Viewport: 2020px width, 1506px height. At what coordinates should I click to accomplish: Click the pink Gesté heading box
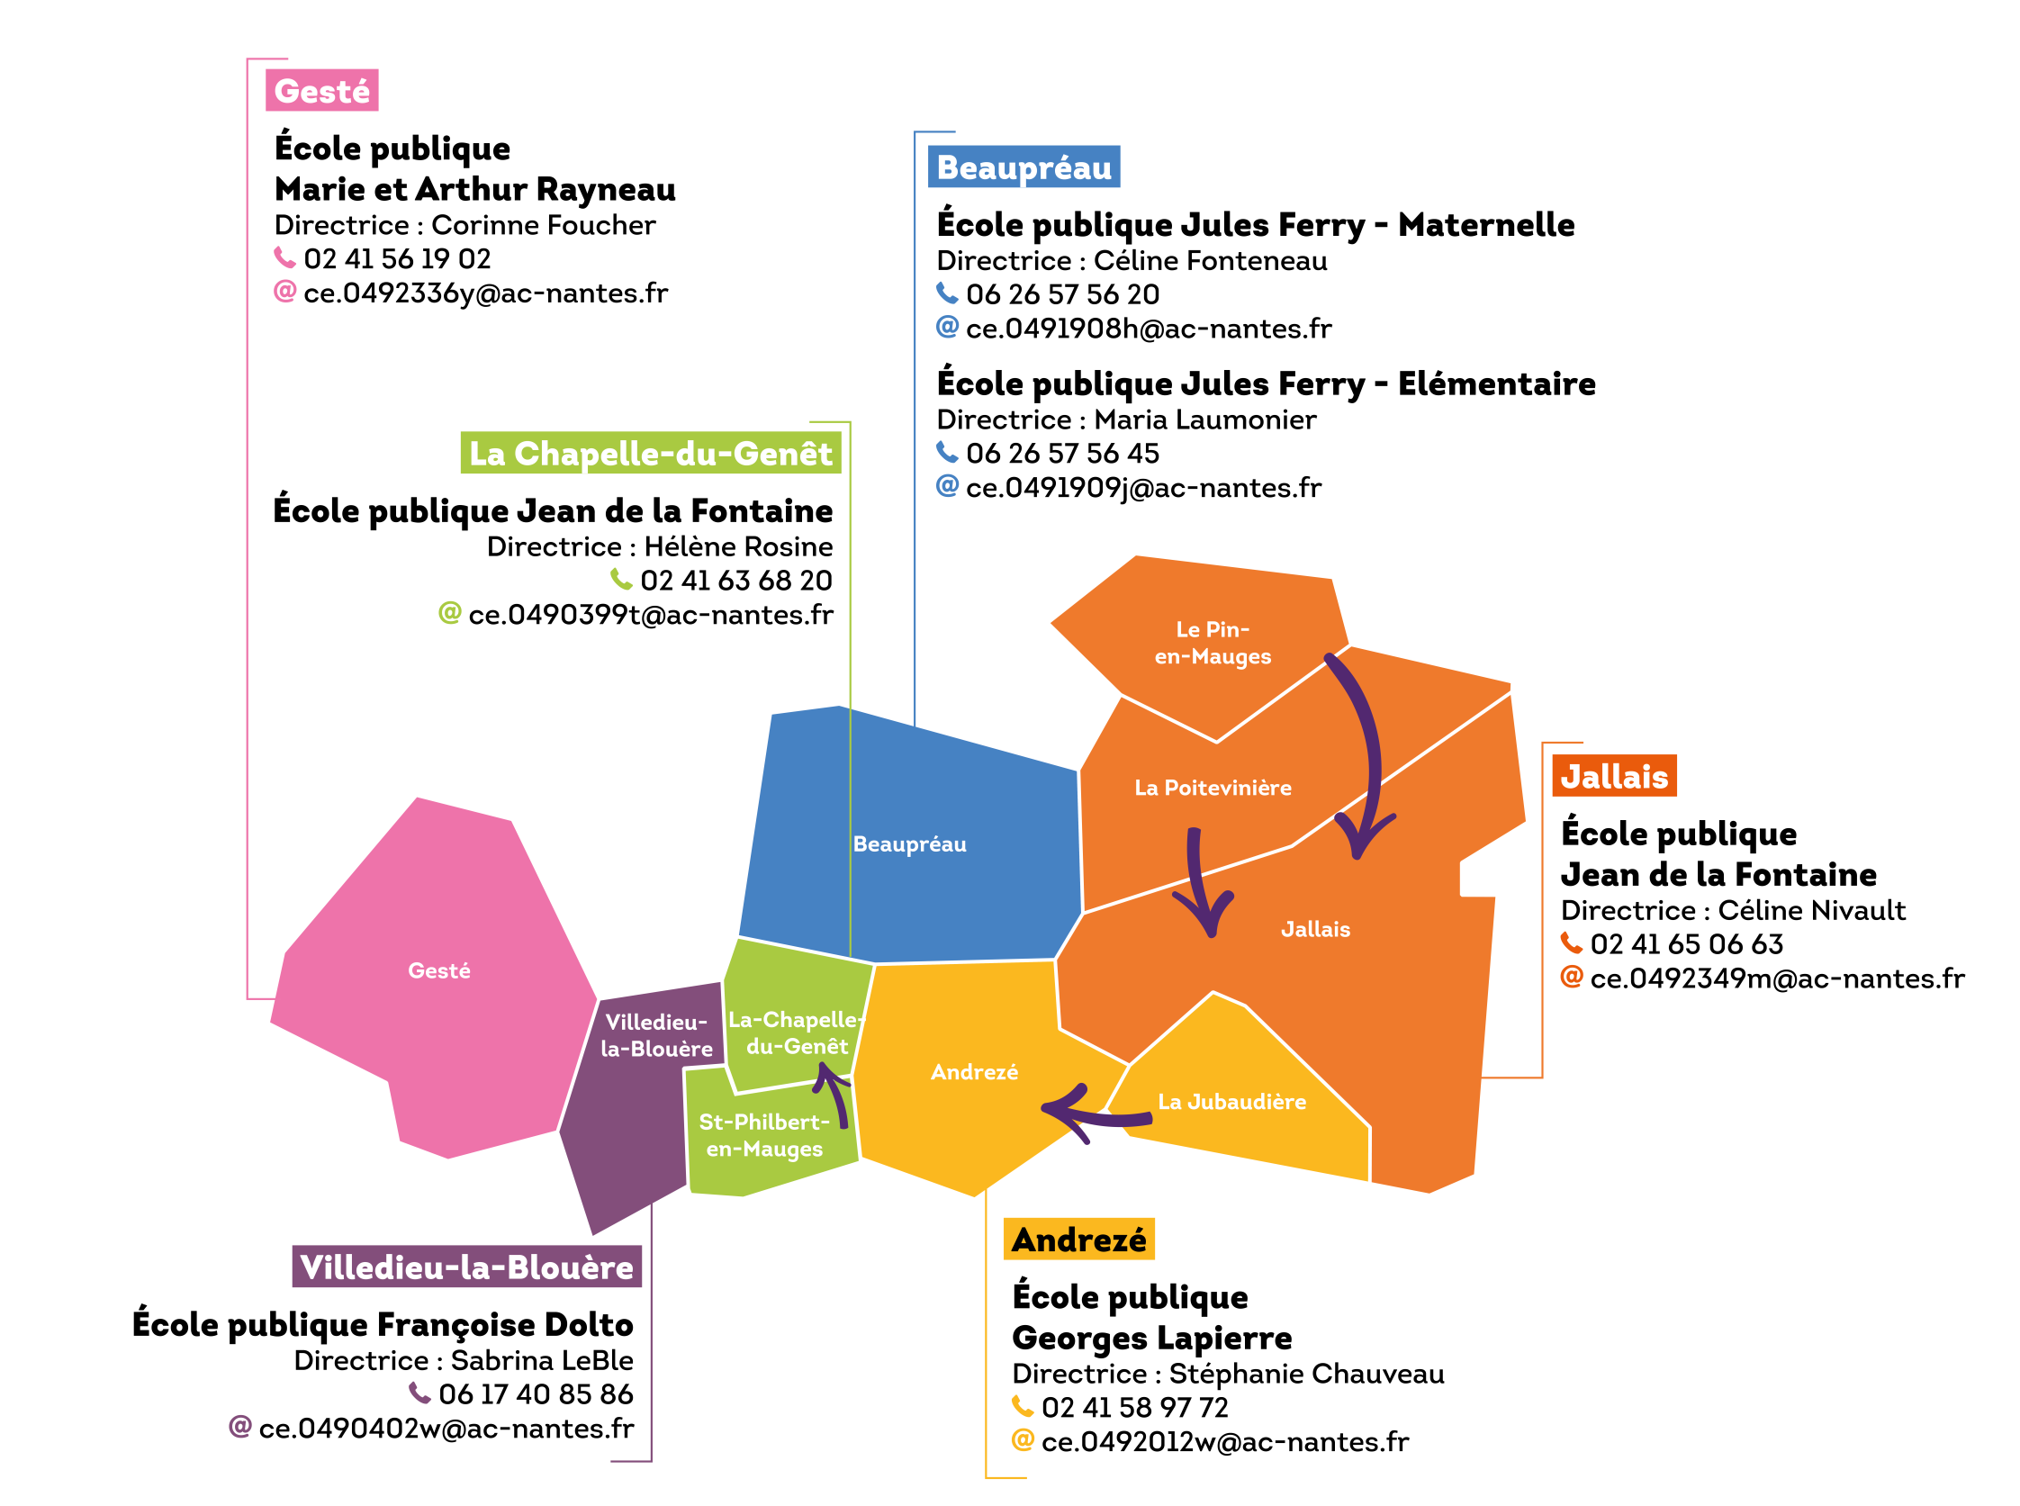(321, 91)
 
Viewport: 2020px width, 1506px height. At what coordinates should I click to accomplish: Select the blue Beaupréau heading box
(1024, 167)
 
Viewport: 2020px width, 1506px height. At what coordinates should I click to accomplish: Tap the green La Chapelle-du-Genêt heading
(650, 453)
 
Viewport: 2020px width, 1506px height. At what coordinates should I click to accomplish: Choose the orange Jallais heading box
(1614, 776)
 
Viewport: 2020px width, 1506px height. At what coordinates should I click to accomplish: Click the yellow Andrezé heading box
(1078, 1240)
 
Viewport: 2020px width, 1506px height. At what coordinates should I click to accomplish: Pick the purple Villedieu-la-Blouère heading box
(466, 1267)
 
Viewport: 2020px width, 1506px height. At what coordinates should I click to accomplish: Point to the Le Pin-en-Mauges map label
(1213, 643)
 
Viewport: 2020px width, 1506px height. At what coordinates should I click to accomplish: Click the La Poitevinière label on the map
(1213, 788)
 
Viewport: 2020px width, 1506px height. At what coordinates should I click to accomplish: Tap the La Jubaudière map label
(1231, 1101)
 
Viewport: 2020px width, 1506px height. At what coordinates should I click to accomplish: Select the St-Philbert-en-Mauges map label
(764, 1135)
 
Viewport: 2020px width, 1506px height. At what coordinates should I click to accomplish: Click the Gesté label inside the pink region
(439, 971)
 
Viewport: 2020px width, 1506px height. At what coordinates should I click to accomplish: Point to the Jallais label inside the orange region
(1315, 929)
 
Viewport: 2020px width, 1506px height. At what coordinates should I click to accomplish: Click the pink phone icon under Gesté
(285, 257)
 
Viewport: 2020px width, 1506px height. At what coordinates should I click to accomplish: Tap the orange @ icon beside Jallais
(1572, 977)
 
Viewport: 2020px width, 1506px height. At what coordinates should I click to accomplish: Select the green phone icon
(622, 579)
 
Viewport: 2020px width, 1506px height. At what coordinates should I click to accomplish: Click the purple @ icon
(240, 1426)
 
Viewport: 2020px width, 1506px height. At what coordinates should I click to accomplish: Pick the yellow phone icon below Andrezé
(1023, 1406)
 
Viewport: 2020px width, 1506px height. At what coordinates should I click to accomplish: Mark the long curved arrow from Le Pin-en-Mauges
(1367, 747)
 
